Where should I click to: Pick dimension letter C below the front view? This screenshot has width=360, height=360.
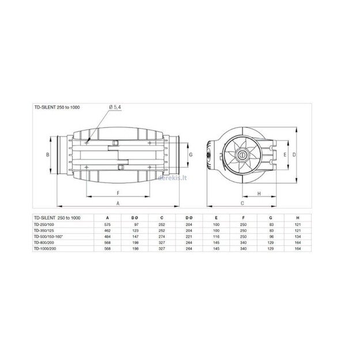[x=242, y=204]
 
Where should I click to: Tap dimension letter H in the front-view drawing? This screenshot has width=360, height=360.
[x=259, y=194]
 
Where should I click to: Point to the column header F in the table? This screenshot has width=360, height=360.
[x=242, y=217]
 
